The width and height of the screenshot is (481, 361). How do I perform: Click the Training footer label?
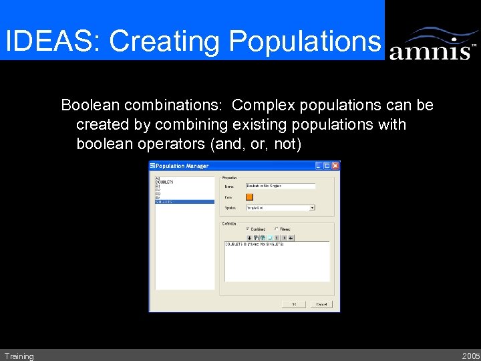19,356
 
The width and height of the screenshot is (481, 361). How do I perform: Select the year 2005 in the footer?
470,356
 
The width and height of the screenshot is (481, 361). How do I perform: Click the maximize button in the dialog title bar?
327,166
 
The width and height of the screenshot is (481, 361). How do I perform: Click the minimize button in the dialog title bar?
319,166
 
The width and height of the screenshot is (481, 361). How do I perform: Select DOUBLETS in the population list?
165,181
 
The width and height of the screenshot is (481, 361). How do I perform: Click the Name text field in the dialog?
280,186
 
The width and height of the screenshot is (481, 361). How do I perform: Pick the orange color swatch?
250,197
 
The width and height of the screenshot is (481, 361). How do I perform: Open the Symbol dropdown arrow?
312,208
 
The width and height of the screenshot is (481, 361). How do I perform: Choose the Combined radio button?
248,229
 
